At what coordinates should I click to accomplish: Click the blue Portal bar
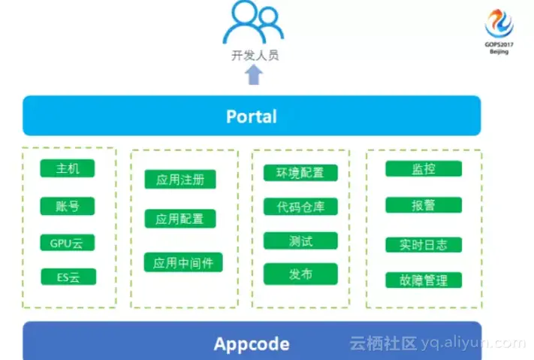click(x=252, y=116)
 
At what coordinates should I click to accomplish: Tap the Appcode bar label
click(x=252, y=343)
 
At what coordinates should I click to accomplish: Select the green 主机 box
click(x=68, y=168)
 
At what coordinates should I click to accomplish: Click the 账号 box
click(x=68, y=205)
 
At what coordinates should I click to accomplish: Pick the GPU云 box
click(x=68, y=243)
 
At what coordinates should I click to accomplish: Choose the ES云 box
click(x=68, y=277)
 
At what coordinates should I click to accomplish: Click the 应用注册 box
click(x=180, y=180)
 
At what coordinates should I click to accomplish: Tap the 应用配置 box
click(x=180, y=219)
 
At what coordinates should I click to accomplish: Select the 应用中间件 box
click(x=183, y=262)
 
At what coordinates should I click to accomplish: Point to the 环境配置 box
click(x=300, y=172)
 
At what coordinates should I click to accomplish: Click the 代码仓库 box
click(x=300, y=207)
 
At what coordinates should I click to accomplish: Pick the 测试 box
click(x=300, y=241)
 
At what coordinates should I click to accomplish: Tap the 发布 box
click(x=300, y=274)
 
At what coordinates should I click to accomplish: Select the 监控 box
click(x=424, y=168)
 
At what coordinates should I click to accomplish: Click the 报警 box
click(x=424, y=204)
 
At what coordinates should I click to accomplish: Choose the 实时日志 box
click(x=424, y=244)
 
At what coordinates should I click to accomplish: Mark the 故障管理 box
click(x=424, y=280)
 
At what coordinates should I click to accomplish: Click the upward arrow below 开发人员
click(x=254, y=74)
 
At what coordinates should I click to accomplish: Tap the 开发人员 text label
click(x=254, y=55)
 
